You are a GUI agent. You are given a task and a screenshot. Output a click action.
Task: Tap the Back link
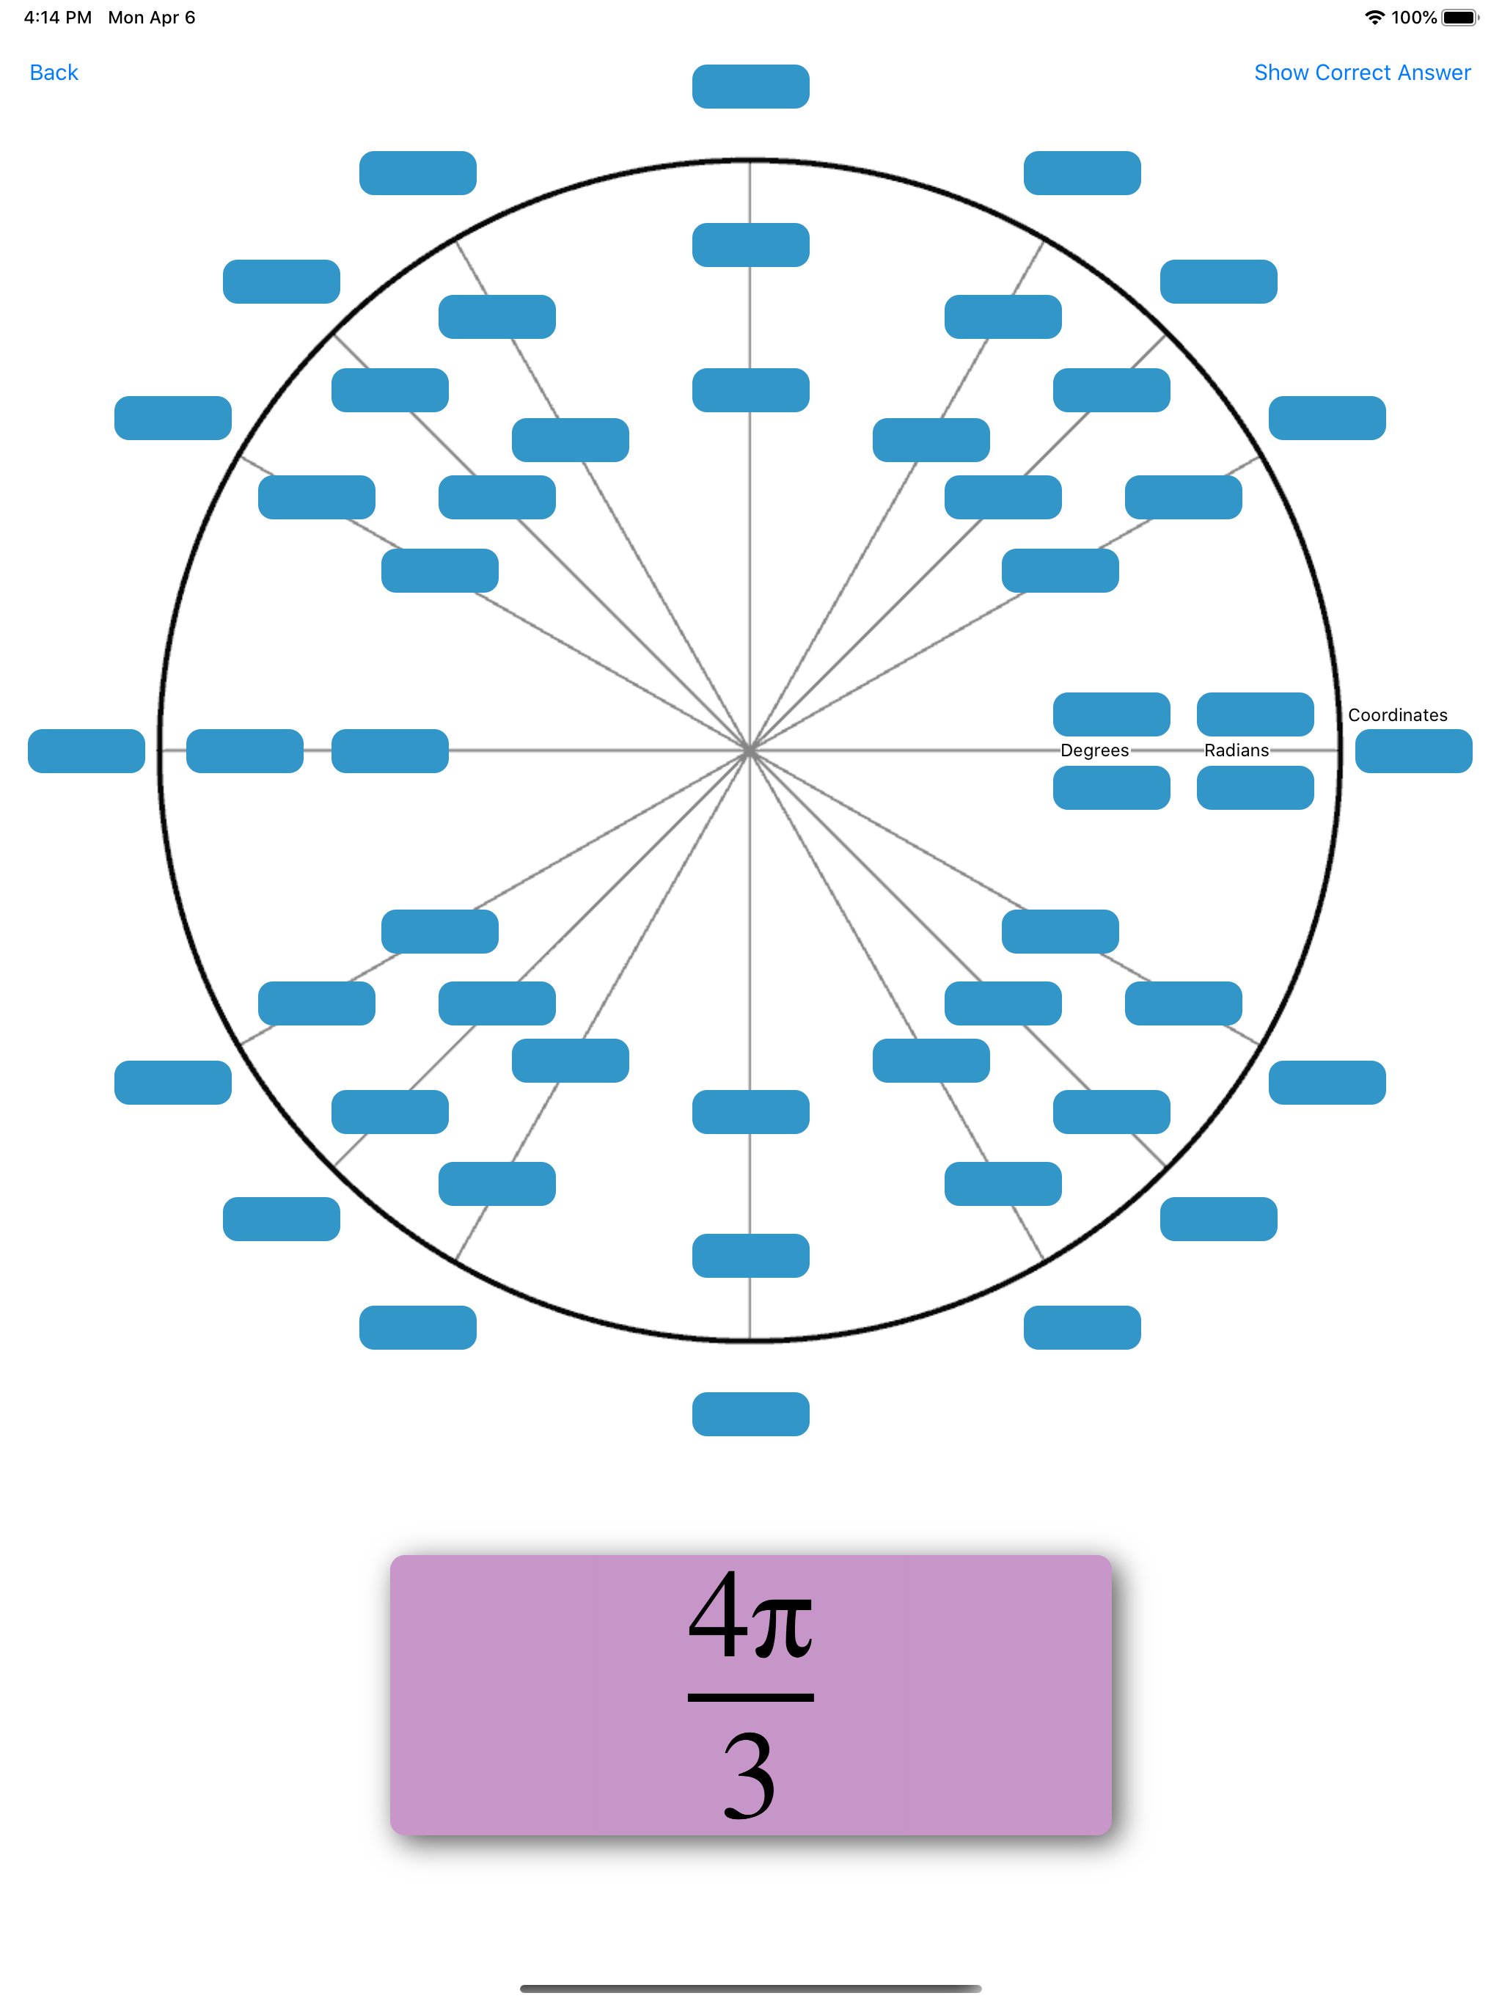pyautogui.click(x=54, y=73)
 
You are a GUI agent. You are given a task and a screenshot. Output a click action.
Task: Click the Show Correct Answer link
pyautogui.click(x=1362, y=73)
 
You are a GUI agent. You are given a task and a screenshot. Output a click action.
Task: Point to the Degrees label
pyautogui.click(x=1094, y=750)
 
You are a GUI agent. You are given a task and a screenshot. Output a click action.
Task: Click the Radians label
pyautogui.click(x=1236, y=750)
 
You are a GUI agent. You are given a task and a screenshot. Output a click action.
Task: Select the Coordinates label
pyautogui.click(x=1397, y=714)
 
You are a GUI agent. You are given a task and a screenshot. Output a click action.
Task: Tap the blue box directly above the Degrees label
pyautogui.click(x=1110, y=714)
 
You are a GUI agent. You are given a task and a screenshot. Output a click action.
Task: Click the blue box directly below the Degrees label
pyautogui.click(x=1110, y=787)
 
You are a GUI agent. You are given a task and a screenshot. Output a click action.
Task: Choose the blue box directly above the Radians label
pyautogui.click(x=1255, y=714)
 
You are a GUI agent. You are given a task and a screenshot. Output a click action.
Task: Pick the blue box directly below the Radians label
pyautogui.click(x=1255, y=787)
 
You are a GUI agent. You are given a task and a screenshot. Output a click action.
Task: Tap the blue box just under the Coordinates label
pyautogui.click(x=1413, y=751)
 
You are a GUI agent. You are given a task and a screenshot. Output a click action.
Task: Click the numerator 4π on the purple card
pyautogui.click(x=750, y=1617)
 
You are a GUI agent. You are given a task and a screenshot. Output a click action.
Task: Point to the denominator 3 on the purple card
pyautogui.click(x=750, y=1775)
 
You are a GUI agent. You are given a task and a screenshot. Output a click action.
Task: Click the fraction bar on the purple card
pyautogui.click(x=750, y=1697)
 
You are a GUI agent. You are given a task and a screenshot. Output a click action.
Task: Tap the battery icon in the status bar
pyautogui.click(x=1459, y=17)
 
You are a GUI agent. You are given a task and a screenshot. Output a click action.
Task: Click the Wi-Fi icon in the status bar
pyautogui.click(x=1374, y=17)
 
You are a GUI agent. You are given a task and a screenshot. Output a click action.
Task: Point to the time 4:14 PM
pyautogui.click(x=58, y=17)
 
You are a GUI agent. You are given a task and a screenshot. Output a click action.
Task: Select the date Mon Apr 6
pyautogui.click(x=151, y=17)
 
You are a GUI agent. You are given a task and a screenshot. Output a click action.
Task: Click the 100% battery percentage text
pyautogui.click(x=1413, y=17)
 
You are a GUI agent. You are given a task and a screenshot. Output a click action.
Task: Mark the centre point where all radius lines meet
pyautogui.click(x=750, y=751)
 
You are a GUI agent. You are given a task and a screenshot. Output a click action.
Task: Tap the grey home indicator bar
pyautogui.click(x=750, y=1989)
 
